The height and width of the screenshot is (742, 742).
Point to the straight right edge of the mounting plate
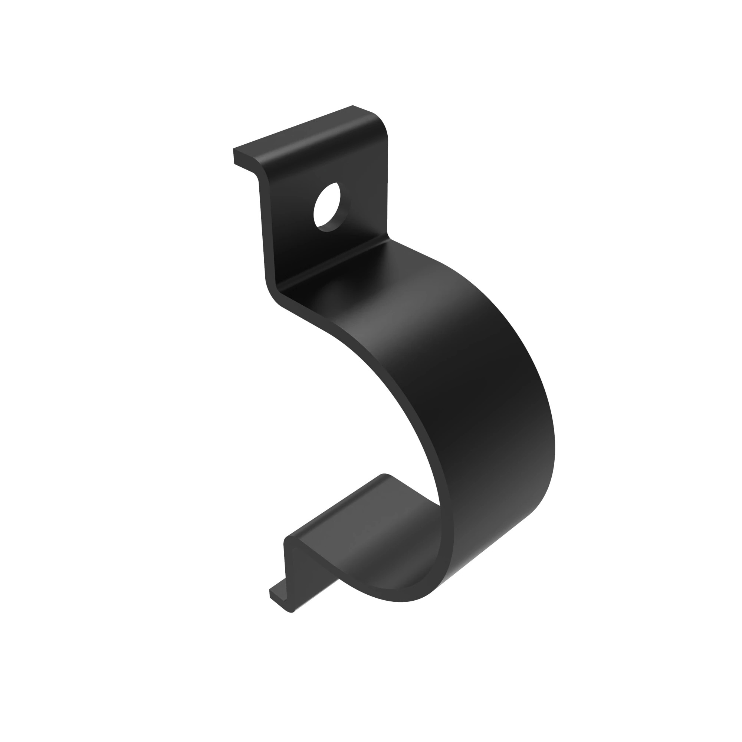point(387,184)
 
